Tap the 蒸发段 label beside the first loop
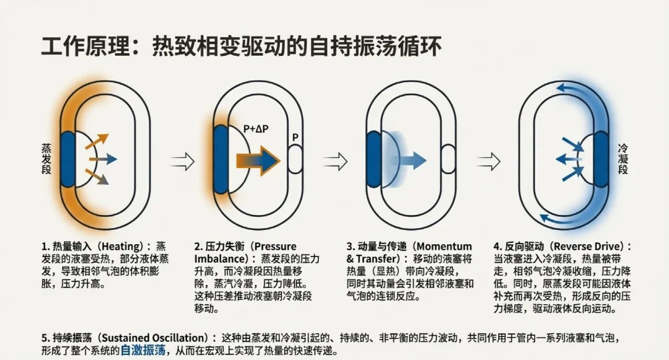click(46, 160)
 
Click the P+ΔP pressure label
click(256, 129)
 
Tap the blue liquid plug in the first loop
click(68, 159)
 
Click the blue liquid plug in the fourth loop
click(600, 159)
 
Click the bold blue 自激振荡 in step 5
click(143, 350)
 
